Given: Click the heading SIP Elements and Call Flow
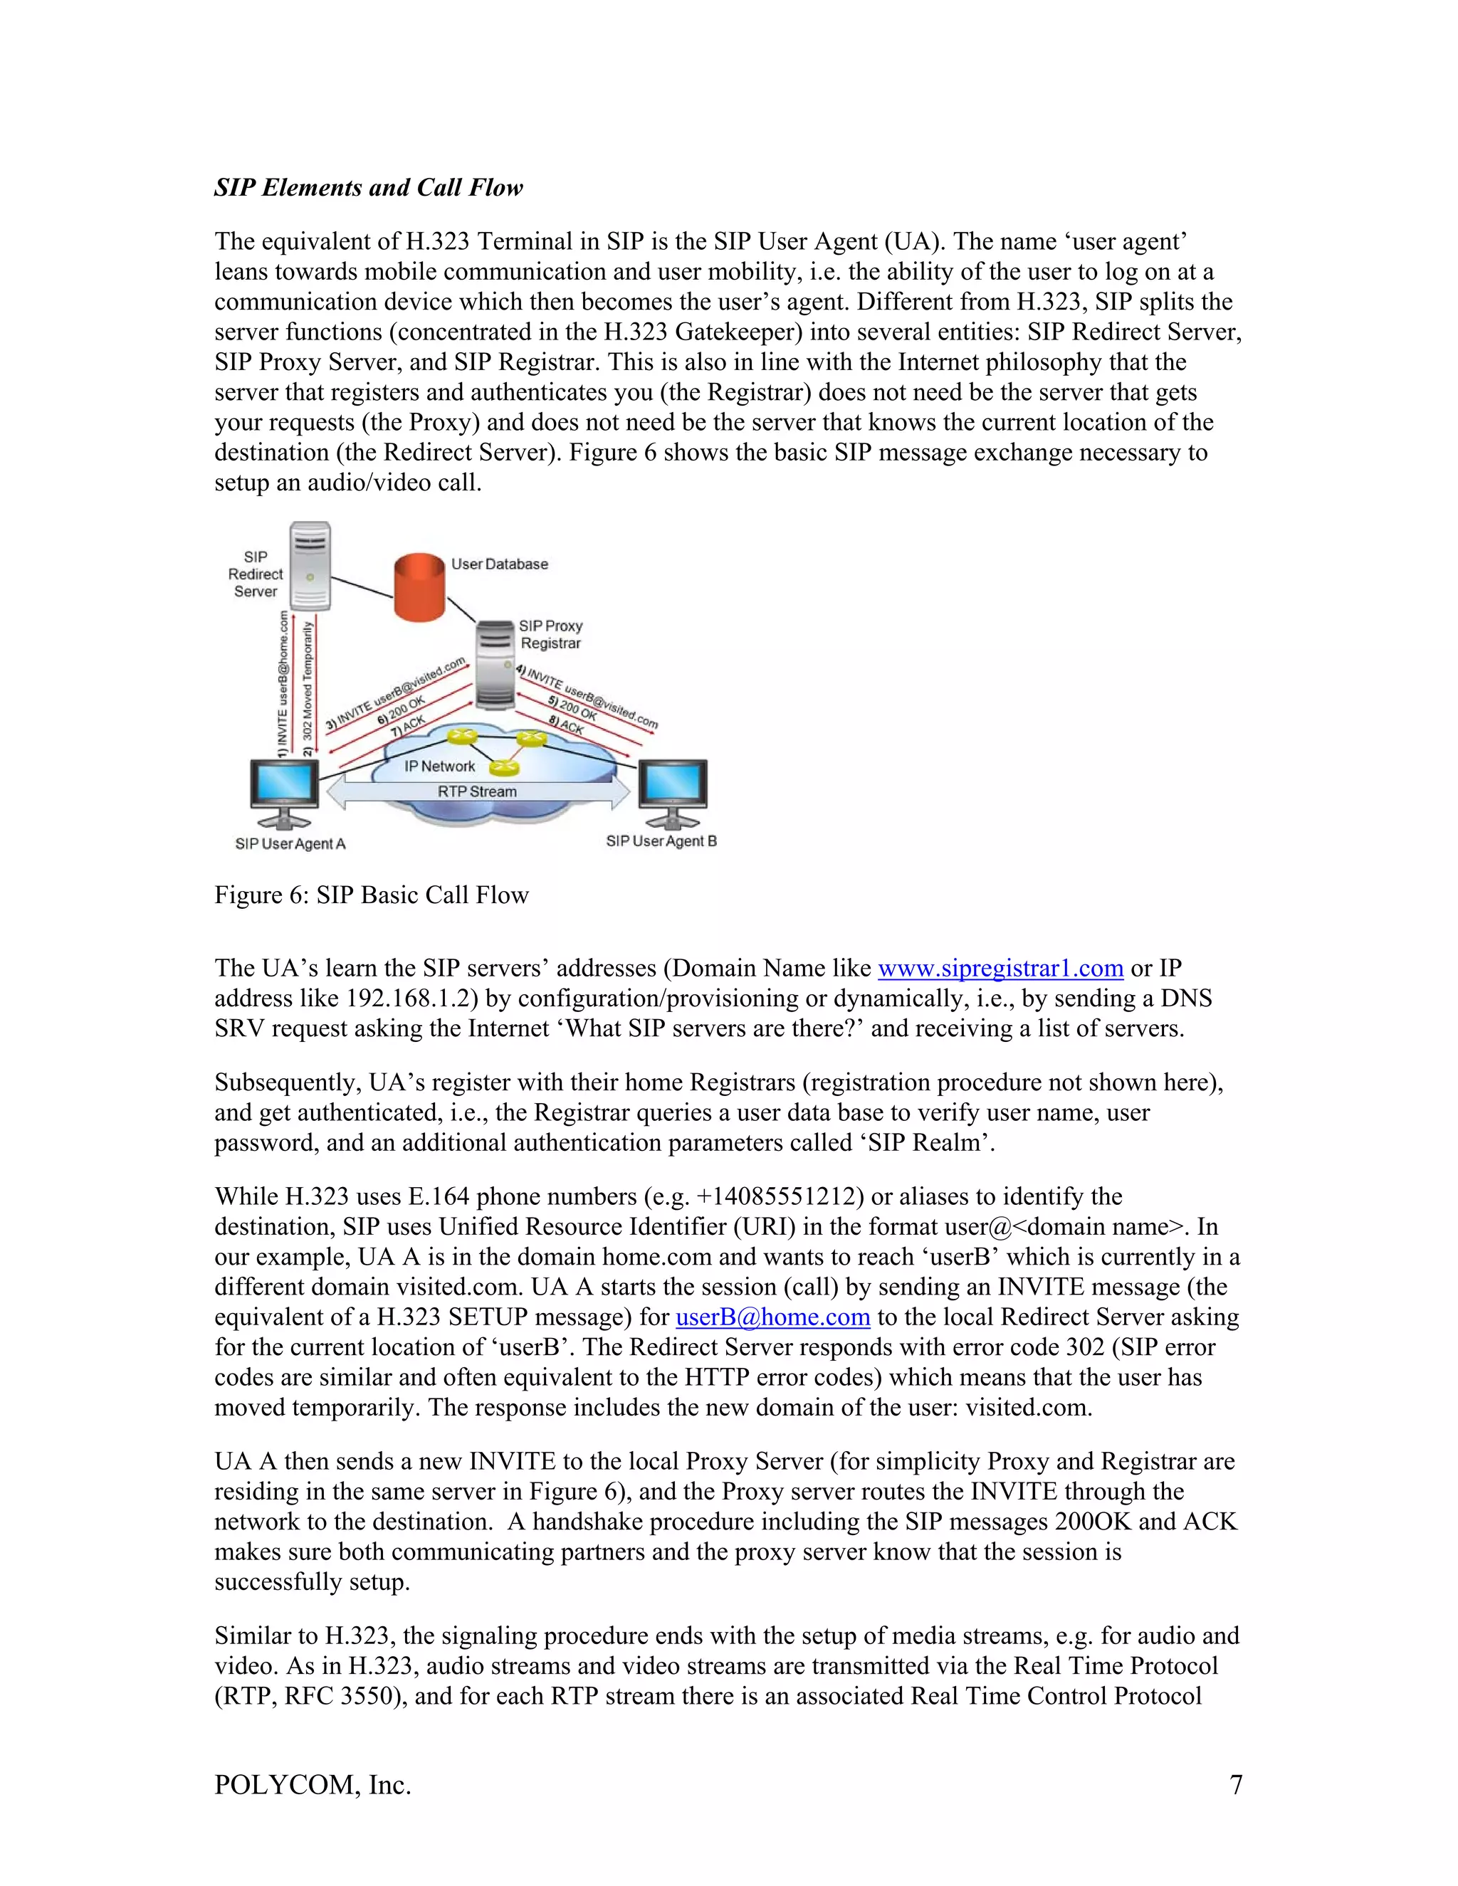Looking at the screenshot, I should pos(368,187).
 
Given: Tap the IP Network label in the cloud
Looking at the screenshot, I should pos(440,766).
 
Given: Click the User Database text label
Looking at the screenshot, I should pos(499,564).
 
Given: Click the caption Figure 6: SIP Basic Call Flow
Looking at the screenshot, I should pos(372,895).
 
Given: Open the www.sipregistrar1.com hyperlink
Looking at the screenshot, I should pos(1000,968).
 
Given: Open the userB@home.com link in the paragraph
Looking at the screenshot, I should pos(772,1317).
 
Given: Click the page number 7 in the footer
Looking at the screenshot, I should pos(1235,1784).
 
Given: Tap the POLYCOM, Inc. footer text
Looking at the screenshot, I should pos(313,1784).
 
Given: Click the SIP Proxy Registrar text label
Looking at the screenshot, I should pos(550,635).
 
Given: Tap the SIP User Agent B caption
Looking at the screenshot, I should pos(661,841).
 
